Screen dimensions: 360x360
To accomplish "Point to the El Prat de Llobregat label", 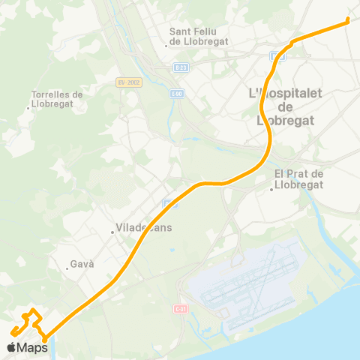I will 298,179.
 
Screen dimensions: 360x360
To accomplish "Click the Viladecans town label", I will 144,229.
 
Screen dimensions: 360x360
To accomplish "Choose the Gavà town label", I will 80,265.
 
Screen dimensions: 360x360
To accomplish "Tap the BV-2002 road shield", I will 129,82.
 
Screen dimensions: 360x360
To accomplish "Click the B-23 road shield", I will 180,67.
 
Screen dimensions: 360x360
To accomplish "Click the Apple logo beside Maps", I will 12,347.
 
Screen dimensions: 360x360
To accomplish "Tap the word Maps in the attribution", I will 33,347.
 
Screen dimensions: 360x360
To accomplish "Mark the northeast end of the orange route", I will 349,21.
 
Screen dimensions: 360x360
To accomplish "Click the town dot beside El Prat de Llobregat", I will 271,189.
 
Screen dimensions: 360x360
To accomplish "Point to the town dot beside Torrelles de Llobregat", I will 28,108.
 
